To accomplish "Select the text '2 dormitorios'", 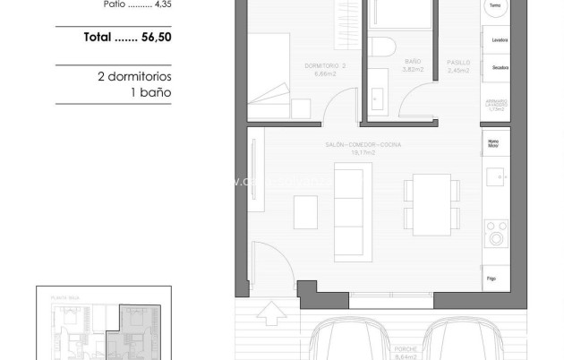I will coord(133,77).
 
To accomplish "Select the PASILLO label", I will coord(459,64).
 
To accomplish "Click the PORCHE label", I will coord(404,354).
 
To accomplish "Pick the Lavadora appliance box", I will coord(497,40).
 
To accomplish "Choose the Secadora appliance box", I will coord(497,68).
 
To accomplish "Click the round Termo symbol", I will coord(495,6).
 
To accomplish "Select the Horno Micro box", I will coord(494,142).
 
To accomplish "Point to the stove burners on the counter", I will coord(495,233).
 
